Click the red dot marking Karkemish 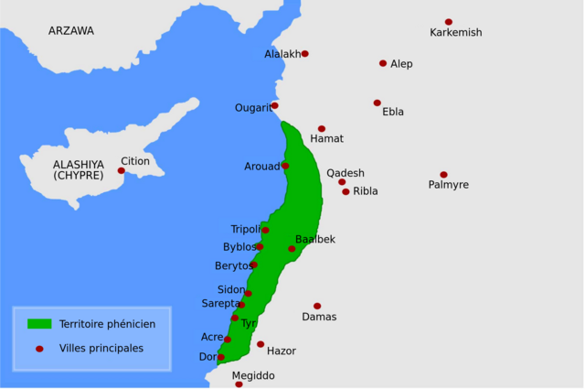(449, 22)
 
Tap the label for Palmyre (448, 185)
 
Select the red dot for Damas (317, 306)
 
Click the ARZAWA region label (71, 31)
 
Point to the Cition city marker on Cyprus (121, 170)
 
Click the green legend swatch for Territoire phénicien (38, 324)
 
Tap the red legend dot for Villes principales (38, 349)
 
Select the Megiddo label (252, 375)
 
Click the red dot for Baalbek (292, 249)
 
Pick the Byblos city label (239, 247)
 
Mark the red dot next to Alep (383, 63)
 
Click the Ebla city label (393, 113)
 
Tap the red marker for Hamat (322, 129)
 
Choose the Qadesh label (346, 173)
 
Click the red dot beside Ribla (346, 192)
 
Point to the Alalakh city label (282, 54)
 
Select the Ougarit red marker (274, 105)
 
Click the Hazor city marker (261, 345)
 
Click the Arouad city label (261, 167)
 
